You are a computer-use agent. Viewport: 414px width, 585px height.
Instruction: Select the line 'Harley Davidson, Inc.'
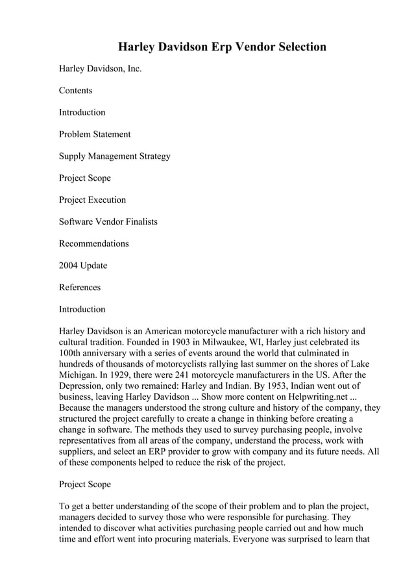(x=100, y=69)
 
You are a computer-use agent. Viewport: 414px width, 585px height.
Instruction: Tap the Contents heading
(x=75, y=91)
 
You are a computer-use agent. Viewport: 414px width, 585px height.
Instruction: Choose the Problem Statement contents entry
(x=95, y=134)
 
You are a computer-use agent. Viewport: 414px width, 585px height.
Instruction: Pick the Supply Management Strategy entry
(x=115, y=156)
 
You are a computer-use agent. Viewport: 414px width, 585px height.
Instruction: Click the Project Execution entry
(x=92, y=200)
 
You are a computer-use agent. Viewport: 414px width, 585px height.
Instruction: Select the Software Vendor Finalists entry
(x=108, y=222)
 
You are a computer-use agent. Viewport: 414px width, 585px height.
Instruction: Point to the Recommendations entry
(x=93, y=244)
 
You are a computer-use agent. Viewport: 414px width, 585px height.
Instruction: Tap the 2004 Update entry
(x=83, y=266)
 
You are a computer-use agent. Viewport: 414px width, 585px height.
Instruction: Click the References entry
(x=80, y=287)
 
